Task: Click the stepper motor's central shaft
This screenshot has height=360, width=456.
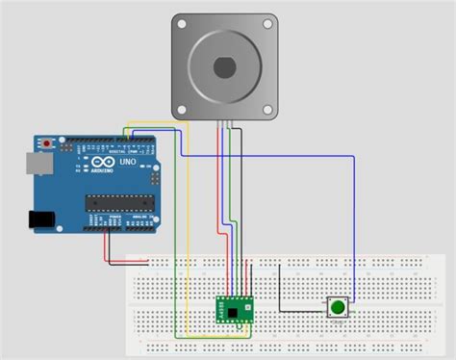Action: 225,66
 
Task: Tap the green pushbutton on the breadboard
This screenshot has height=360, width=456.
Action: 339,308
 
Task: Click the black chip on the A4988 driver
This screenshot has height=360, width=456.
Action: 237,312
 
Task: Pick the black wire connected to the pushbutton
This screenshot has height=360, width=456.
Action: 279,289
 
